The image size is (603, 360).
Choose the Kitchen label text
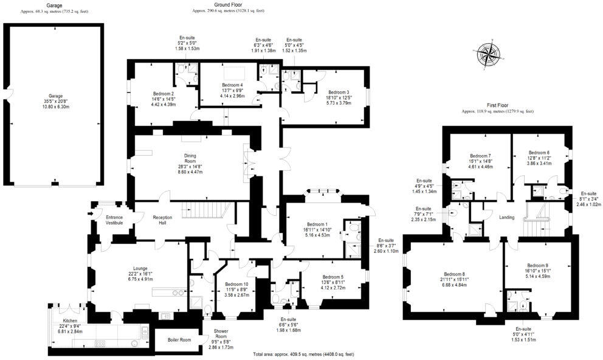click(x=71, y=320)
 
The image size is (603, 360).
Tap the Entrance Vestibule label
click(x=114, y=220)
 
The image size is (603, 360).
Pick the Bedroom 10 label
click(x=236, y=284)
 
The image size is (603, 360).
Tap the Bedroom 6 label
click(x=539, y=153)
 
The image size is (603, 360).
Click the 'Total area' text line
click(x=303, y=353)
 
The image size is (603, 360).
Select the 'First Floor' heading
click(x=497, y=105)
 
